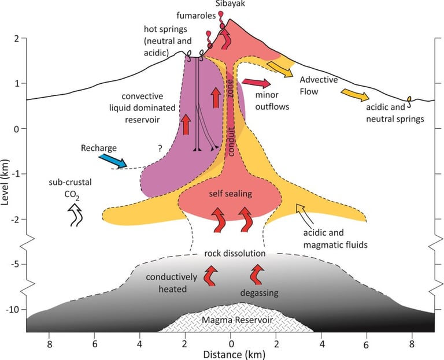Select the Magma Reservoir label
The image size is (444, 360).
[x=237, y=319]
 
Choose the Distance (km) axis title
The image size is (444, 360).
[x=231, y=352]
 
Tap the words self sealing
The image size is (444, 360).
[x=230, y=194]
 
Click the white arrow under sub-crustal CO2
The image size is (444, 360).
[x=74, y=217]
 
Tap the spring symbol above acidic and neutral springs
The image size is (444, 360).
[x=410, y=101]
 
